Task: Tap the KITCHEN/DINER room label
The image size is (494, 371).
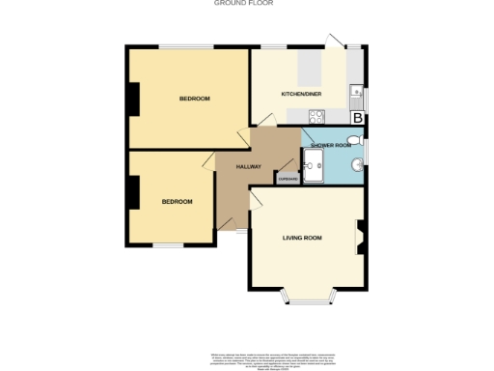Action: coord(300,94)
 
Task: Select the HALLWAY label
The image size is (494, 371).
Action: coord(249,166)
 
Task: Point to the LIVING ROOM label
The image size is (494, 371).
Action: coord(302,237)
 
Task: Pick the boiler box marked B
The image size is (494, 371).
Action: coord(358,118)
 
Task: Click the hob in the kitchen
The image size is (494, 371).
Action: coord(316,118)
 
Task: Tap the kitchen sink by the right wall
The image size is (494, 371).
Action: coord(356,95)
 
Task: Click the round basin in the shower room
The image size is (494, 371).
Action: coord(357,166)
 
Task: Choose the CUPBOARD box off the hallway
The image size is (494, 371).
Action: coord(288,179)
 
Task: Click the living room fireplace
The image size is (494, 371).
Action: coord(362,237)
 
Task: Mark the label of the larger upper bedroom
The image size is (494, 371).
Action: coord(194,100)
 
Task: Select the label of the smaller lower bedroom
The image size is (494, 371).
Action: coord(177,201)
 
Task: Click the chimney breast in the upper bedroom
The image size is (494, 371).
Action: coord(134,99)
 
